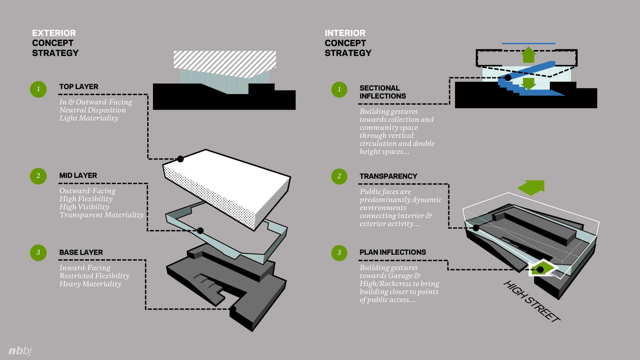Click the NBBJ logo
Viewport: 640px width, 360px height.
tap(20, 351)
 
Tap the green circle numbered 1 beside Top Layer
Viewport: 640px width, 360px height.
tap(38, 89)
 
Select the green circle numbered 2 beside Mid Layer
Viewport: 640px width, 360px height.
tap(38, 176)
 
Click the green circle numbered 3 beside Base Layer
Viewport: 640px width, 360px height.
tap(38, 252)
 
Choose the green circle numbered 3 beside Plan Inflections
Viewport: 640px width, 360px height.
tap(339, 253)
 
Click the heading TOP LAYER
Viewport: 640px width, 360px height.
tap(79, 87)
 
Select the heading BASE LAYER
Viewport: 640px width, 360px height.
tap(81, 252)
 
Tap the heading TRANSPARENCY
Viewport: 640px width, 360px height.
tap(388, 176)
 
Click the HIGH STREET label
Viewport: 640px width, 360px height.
tap(532, 301)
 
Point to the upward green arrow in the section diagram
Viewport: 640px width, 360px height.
tap(529, 55)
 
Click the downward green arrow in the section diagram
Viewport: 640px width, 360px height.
tap(529, 84)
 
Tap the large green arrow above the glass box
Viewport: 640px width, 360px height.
tap(531, 188)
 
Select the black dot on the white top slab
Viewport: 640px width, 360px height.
tap(180, 159)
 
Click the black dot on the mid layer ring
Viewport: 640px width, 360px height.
tap(200, 230)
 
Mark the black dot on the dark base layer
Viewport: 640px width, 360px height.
tap(233, 309)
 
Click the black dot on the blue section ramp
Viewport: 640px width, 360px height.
tap(508, 78)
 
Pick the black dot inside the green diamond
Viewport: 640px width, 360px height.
tap(540, 270)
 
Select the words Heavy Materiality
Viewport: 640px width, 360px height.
tap(91, 284)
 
